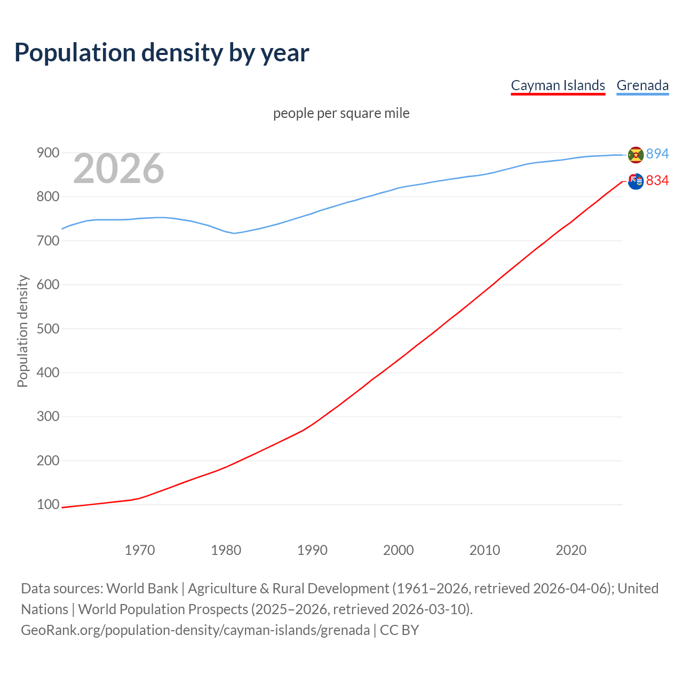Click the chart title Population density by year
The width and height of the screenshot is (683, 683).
coord(162,52)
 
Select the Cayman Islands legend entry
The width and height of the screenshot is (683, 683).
coord(558,85)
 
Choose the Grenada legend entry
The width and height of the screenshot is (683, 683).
coord(642,85)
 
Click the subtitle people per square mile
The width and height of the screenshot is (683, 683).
coord(341,113)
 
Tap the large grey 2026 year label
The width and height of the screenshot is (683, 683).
coord(118,169)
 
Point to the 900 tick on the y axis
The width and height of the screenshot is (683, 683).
coord(47,153)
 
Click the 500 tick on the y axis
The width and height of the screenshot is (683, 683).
coord(47,329)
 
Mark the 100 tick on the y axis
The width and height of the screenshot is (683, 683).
coord(47,504)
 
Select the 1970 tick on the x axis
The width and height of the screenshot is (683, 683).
coord(140,550)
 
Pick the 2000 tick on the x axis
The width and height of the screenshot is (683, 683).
coord(398,550)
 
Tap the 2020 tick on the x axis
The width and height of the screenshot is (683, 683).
coord(571,550)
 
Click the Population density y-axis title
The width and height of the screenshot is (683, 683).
coord(22,331)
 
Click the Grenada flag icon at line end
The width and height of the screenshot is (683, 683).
coord(636,155)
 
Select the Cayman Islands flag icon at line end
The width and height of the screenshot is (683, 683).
coord(636,181)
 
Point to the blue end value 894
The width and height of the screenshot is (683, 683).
coord(657,154)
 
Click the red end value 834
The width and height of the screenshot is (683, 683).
coord(657,180)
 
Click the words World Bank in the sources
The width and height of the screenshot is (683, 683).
coord(142,588)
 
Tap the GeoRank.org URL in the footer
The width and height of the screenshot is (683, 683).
coord(195,630)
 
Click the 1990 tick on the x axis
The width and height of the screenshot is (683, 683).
coord(312,550)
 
